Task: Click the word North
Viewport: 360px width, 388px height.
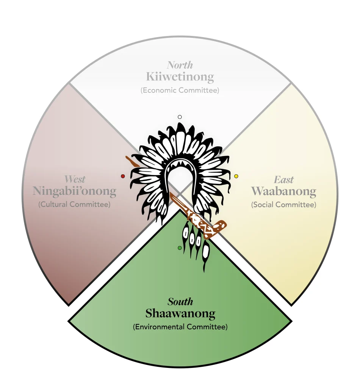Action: pyautogui.click(x=180, y=65)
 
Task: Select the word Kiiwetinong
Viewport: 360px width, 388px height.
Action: pyautogui.click(x=180, y=77)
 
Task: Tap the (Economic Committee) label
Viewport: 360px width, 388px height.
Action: pyautogui.click(x=180, y=91)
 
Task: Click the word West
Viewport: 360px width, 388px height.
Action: pyautogui.click(x=75, y=179)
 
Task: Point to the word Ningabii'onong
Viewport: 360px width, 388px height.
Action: pyautogui.click(x=74, y=191)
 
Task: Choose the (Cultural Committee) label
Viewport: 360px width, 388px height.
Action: pyautogui.click(x=74, y=204)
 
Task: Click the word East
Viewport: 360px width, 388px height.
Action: pyautogui.click(x=284, y=180)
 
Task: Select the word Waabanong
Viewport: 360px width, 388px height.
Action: pyautogui.click(x=283, y=191)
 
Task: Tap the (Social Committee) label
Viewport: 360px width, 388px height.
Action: pyautogui.click(x=283, y=205)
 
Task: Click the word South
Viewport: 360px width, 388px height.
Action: pyautogui.click(x=180, y=302)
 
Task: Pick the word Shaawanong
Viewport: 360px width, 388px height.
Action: pyautogui.click(x=180, y=313)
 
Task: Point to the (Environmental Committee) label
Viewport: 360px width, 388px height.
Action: pyautogui.click(x=180, y=327)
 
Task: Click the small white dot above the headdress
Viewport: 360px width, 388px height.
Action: pyautogui.click(x=180, y=117)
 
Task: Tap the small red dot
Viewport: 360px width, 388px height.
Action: pyautogui.click(x=123, y=176)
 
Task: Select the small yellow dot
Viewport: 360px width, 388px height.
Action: pyautogui.click(x=236, y=176)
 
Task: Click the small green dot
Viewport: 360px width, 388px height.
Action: pyautogui.click(x=180, y=248)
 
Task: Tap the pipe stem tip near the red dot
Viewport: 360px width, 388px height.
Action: pyautogui.click(x=128, y=160)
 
